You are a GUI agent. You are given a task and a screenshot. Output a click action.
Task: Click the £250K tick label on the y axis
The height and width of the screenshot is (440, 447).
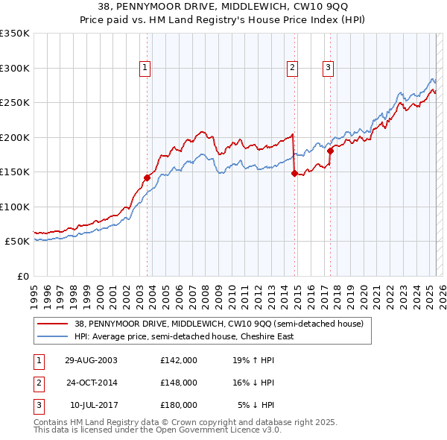pos(15,102)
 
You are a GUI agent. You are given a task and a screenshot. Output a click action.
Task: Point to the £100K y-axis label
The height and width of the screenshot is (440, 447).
pos(15,207)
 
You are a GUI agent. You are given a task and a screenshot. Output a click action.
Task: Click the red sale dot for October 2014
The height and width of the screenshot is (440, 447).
pos(294,173)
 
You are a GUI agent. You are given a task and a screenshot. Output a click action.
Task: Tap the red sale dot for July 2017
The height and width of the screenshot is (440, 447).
pos(329,151)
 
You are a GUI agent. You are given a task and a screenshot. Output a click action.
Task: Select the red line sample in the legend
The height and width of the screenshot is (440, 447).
pos(53,324)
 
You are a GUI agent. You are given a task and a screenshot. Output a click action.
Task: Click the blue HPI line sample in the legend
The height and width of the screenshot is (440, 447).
pos(53,336)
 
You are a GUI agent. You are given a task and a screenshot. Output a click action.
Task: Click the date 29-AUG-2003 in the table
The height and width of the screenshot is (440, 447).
pos(92,360)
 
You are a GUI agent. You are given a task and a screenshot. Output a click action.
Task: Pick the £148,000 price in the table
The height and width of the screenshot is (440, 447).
pos(178,383)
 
